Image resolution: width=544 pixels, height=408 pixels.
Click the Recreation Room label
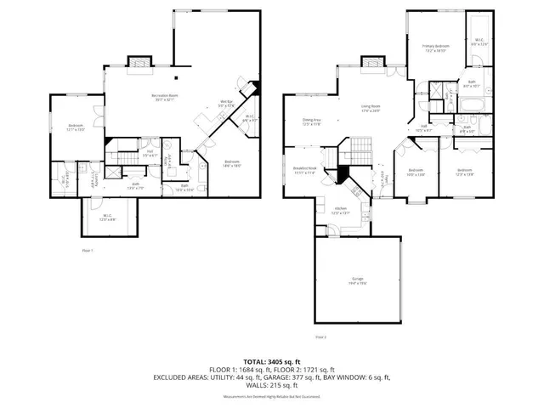point(164,96)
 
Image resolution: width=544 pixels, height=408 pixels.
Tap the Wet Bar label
point(226,104)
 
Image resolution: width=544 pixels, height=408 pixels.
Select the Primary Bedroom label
point(434,48)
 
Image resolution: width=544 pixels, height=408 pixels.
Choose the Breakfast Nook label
point(305,171)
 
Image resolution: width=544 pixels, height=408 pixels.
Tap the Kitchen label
point(340,210)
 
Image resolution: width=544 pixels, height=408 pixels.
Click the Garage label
point(358,281)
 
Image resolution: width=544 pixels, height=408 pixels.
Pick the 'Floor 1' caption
point(87,251)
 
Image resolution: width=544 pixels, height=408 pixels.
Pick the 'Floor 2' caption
point(320,337)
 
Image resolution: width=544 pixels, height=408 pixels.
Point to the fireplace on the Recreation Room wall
point(137,64)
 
